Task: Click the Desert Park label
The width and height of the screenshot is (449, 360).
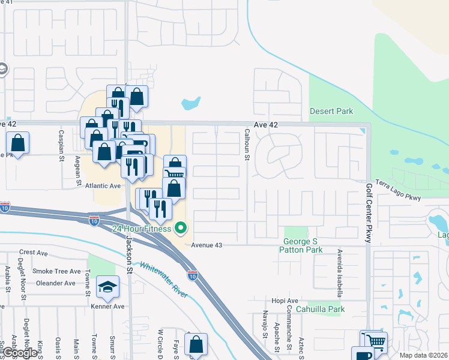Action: [x=331, y=111]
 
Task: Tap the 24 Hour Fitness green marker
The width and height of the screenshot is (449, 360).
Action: [x=180, y=228]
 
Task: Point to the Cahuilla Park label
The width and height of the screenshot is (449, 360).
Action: [x=324, y=310]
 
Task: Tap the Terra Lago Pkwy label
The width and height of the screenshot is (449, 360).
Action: [x=399, y=190]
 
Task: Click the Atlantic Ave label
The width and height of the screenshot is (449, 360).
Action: [x=103, y=186]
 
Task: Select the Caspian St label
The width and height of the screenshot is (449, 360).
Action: [x=61, y=145]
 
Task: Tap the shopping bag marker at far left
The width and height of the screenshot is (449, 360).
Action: [x=18, y=143]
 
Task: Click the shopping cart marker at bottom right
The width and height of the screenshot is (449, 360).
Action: [x=376, y=340]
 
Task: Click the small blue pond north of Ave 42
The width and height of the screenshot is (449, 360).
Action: [x=190, y=103]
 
